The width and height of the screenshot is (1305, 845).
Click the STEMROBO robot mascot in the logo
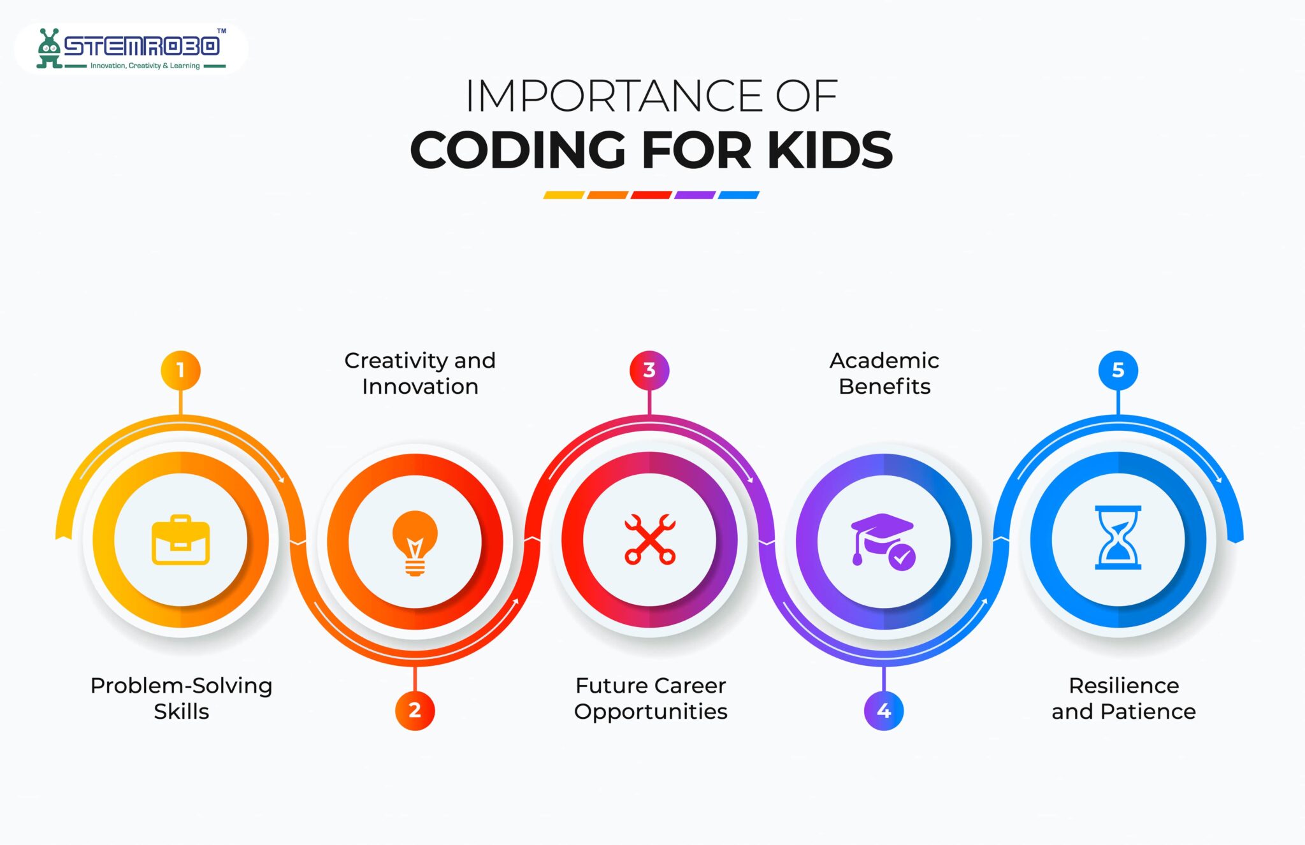pos(48,48)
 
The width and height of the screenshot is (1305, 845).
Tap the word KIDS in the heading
pos(830,150)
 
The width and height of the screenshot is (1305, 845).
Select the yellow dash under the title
pos(563,195)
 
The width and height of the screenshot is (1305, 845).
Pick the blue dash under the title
pos(739,195)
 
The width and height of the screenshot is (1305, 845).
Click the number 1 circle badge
pos(180,370)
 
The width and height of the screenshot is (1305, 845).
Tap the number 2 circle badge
pos(415,711)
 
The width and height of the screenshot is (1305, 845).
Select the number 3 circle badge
pos(649,370)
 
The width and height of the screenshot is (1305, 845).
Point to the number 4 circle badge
pos(884,711)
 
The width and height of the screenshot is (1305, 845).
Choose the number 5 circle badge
pos(1118,370)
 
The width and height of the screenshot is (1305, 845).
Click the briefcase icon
pos(180,540)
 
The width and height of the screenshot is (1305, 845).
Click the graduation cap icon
pos(883,540)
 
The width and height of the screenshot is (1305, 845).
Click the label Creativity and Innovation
pos(420,373)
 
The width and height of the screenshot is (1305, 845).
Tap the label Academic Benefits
pos(884,373)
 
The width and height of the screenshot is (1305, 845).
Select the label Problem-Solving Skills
pos(182,698)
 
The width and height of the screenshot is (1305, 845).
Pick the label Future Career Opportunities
pos(651,698)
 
